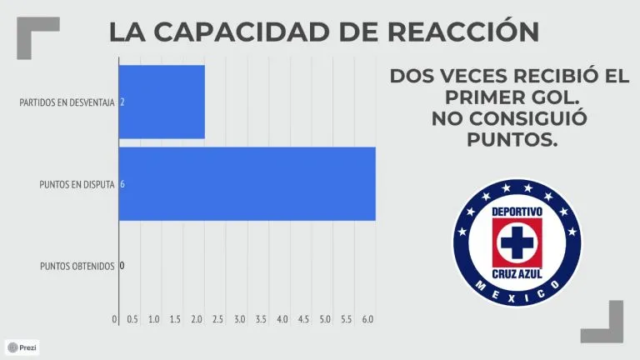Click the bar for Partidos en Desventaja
point(162,102)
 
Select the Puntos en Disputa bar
point(247,183)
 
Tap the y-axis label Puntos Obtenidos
point(77,267)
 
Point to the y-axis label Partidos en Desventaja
point(67,102)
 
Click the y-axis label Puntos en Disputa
point(77,184)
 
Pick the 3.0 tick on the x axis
point(240,319)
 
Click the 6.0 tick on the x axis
point(367,319)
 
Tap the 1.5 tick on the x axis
point(176,319)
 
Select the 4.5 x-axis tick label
point(303,319)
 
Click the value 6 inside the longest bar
point(123,184)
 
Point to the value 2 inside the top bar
point(123,102)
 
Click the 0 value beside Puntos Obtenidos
point(122,267)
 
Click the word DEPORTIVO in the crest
point(517,212)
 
